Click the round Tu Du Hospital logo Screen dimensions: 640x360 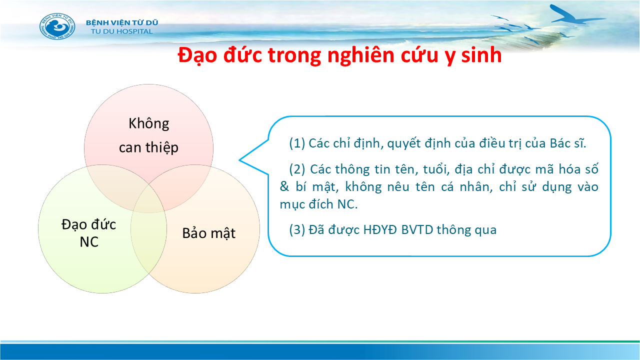pyautogui.click(x=57, y=26)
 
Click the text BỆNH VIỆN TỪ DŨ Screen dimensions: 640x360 pyautogui.click(x=122, y=22)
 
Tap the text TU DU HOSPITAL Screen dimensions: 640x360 pyautogui.click(x=121, y=31)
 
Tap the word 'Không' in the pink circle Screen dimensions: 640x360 pyautogui.click(x=149, y=124)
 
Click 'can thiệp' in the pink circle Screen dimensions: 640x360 pyautogui.click(x=148, y=147)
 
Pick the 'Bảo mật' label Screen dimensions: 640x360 pyautogui.click(x=209, y=233)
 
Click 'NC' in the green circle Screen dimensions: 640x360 pyautogui.click(x=89, y=242)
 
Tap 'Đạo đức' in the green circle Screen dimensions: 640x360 pyautogui.click(x=89, y=224)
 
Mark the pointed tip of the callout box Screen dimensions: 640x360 pyautogui.click(x=239, y=160)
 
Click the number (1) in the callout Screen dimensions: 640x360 pyautogui.click(x=297, y=143)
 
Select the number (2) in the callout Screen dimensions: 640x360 pyautogui.click(x=297, y=169)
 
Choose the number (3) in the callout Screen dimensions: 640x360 pyautogui.click(x=297, y=229)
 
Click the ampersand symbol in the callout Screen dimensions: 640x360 pyautogui.click(x=284, y=187)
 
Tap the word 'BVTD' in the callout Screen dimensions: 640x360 pyautogui.click(x=417, y=229)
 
